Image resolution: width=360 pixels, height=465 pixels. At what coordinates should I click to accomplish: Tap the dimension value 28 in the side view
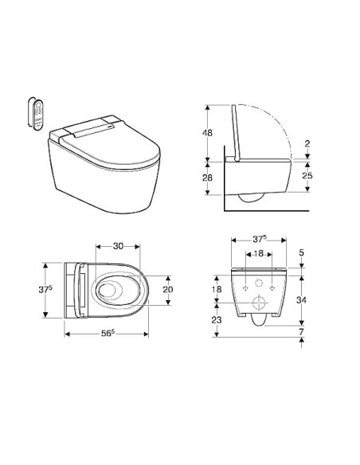pyautogui.click(x=207, y=178)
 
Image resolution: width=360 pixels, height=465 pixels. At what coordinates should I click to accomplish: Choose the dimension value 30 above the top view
pyautogui.click(x=118, y=245)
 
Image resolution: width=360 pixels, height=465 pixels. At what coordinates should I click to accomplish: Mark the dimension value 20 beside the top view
pyautogui.click(x=168, y=290)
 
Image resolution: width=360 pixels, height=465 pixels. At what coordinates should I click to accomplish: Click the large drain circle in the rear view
pyautogui.click(x=256, y=302)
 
